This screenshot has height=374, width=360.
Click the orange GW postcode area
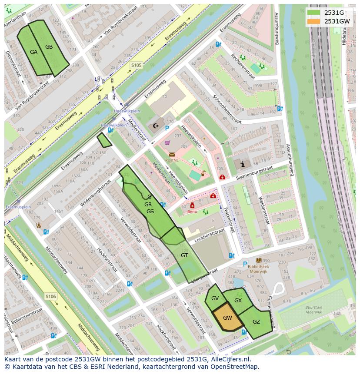coord(227,318)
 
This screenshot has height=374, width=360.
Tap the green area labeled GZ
coord(256,322)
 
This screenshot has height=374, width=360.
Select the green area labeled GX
coord(238,300)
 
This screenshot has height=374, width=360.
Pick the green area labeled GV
coord(215,298)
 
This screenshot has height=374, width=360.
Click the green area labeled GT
coord(184,255)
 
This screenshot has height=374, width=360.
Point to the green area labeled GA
coord(33,52)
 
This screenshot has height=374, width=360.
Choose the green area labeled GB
coord(49,47)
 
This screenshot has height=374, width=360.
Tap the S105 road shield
coord(136,65)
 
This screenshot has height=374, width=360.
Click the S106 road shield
coord(51,297)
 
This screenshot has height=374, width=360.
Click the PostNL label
coord(172,160)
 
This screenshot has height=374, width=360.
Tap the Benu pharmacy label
coord(192,212)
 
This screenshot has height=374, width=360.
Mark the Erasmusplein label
coord(18,207)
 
